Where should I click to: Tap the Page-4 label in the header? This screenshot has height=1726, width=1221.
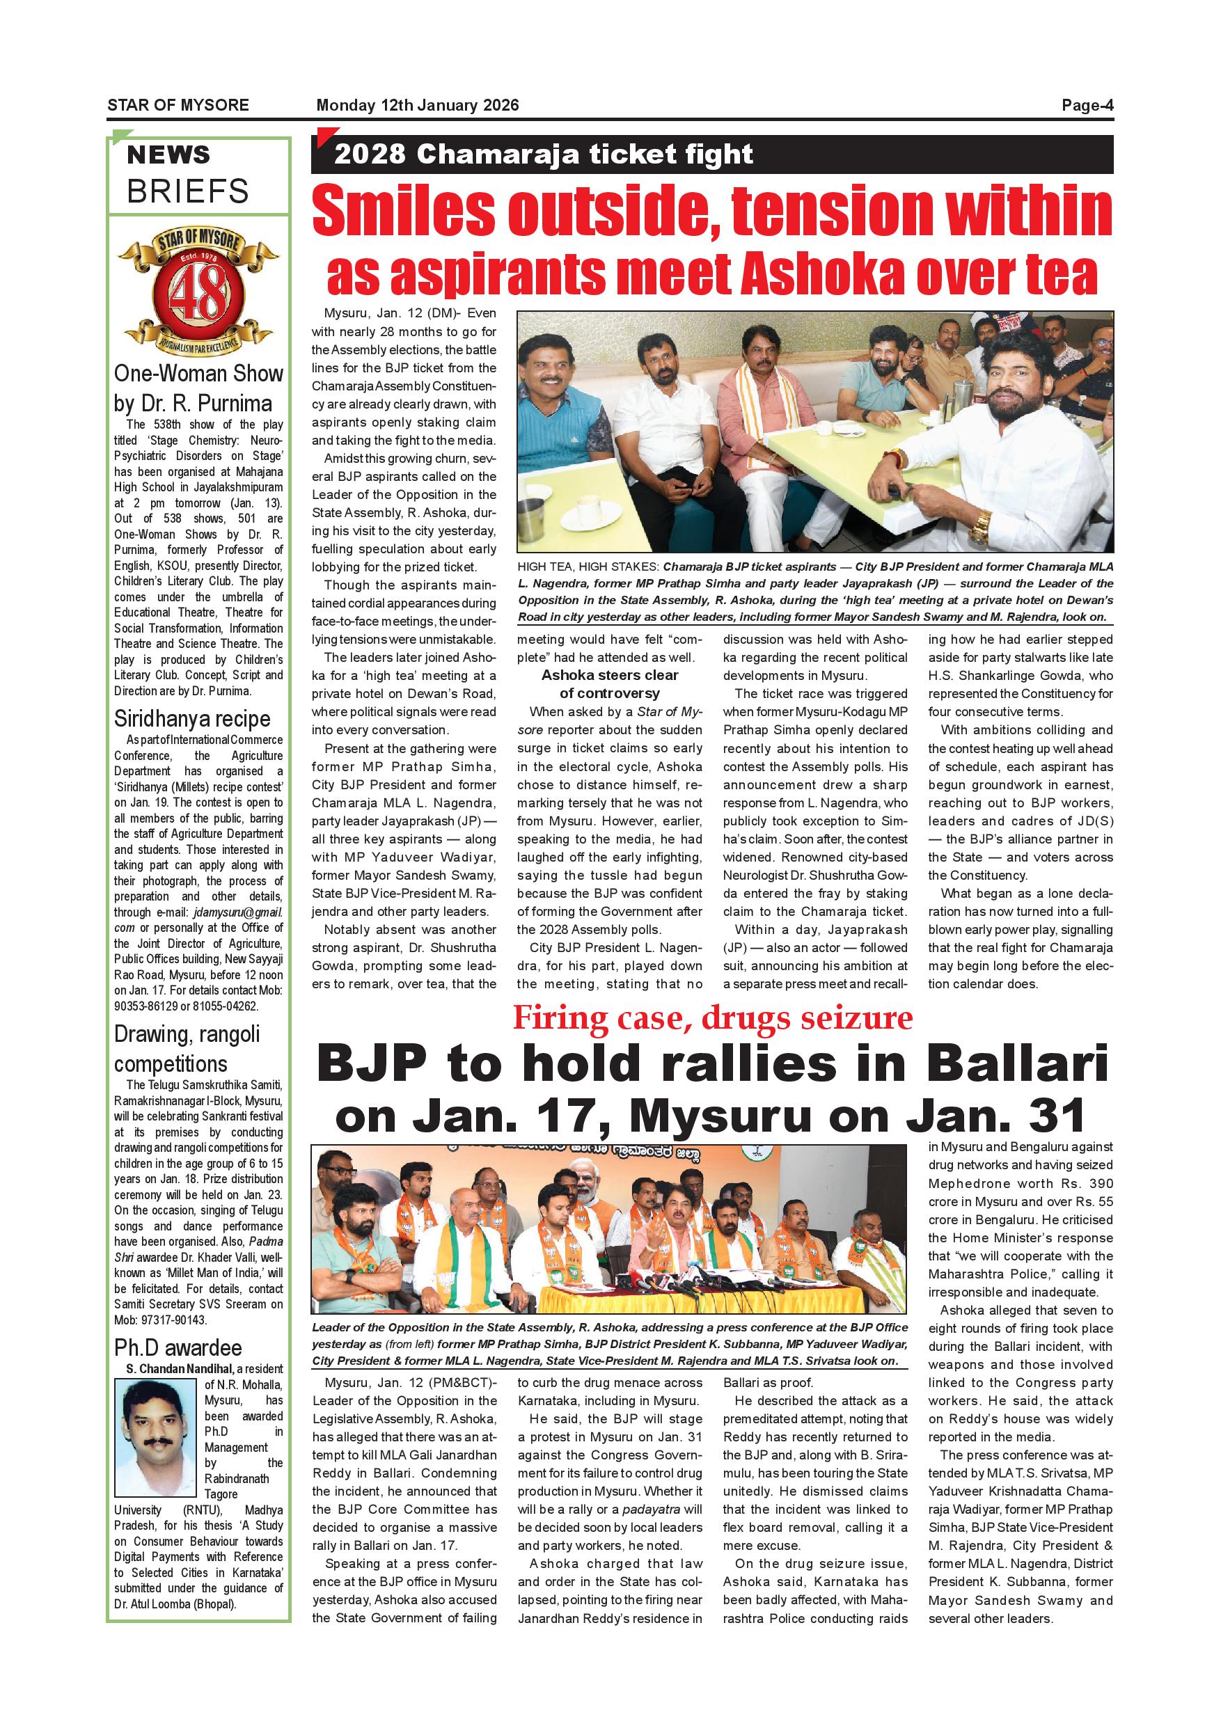coord(1087,105)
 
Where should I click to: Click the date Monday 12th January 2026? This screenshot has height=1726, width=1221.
coord(417,105)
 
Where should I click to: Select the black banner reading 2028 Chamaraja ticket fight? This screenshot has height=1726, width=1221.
coord(711,154)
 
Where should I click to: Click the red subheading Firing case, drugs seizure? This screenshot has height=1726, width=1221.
coord(712,1019)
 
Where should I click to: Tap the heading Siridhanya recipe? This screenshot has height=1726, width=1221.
coord(191,720)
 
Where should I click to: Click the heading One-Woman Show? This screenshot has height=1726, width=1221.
coord(198,374)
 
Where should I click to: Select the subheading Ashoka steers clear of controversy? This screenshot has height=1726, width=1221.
coord(610,684)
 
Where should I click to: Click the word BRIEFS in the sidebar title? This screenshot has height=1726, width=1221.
coord(187,191)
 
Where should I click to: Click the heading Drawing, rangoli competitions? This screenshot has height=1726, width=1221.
coord(187,1050)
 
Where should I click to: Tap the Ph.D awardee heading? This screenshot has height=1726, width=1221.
coord(178,1347)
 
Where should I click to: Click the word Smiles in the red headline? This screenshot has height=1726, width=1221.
coord(404,212)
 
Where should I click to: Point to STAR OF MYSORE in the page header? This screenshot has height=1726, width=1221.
coord(178,105)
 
